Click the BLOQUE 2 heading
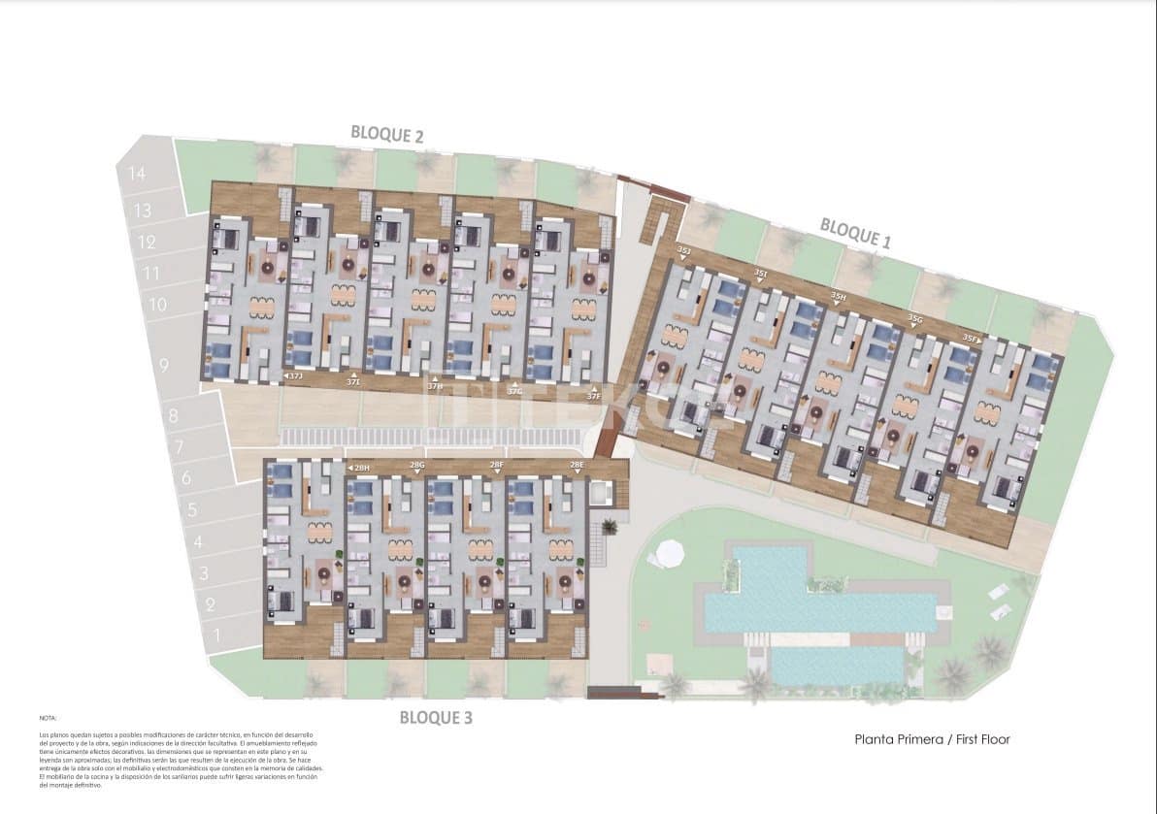[x=386, y=135]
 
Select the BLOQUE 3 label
[x=436, y=718]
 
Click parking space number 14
[x=136, y=174]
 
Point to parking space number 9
[x=163, y=366]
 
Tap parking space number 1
[x=216, y=636]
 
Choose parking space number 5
[x=192, y=508]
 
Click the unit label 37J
[x=296, y=374]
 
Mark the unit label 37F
[x=593, y=395]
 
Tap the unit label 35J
[x=685, y=251]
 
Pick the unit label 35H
[x=838, y=296]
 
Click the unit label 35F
[x=971, y=339]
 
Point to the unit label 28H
[x=362, y=468]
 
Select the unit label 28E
[x=577, y=466]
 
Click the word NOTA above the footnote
[x=48, y=718]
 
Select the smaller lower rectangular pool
[x=837, y=665]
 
